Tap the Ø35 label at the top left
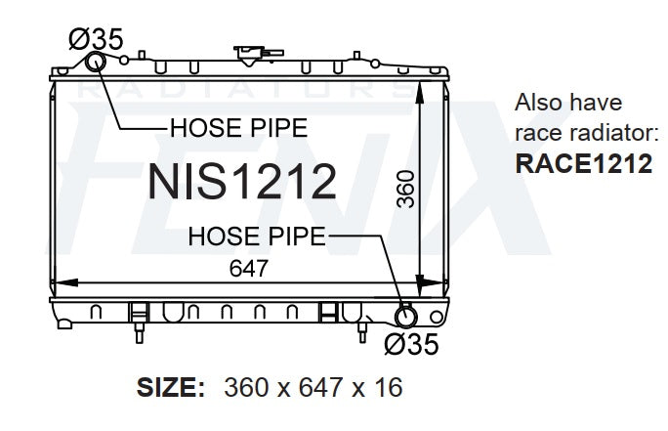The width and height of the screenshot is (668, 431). [x=96, y=39]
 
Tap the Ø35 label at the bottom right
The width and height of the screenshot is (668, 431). [x=411, y=344]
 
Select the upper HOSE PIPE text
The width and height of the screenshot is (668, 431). [x=238, y=128]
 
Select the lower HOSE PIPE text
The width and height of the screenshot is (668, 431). [x=257, y=237]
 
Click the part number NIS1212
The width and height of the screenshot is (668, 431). [x=241, y=182]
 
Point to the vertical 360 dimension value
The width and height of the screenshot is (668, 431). [x=405, y=190]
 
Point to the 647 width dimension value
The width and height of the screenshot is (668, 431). [x=248, y=269]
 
